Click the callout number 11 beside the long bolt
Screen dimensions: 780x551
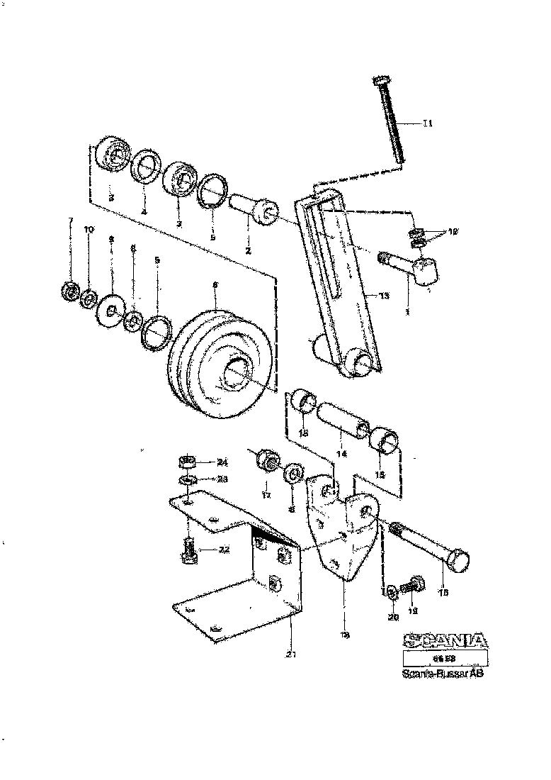(x=427, y=123)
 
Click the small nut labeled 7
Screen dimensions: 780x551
(x=69, y=291)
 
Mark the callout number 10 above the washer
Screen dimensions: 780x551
(x=89, y=230)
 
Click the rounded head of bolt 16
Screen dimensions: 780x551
(x=458, y=562)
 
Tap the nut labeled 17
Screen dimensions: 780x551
(x=268, y=462)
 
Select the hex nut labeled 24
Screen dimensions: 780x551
(x=188, y=463)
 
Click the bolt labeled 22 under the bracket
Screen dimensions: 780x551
(x=188, y=550)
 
